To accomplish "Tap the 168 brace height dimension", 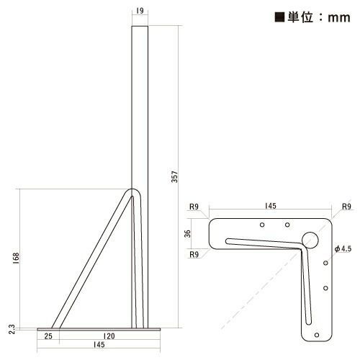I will (15, 258).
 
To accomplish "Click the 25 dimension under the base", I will (47, 336).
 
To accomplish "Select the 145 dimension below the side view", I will (99, 346).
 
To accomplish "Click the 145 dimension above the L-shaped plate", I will (270, 206).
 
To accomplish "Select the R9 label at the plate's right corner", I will (346, 207).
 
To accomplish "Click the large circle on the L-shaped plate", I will (310, 240).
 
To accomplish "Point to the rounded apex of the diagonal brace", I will (132, 193).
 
